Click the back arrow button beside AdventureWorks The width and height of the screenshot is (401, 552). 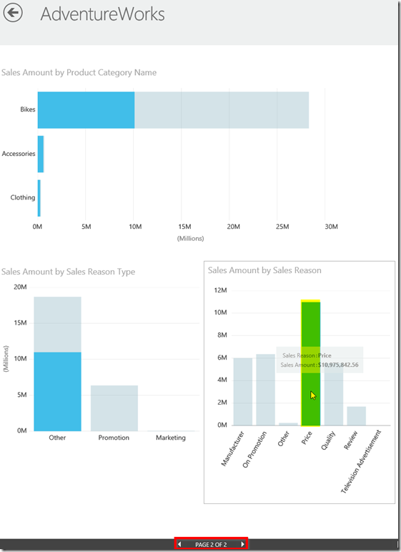tap(13, 13)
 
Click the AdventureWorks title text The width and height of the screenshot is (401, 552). tap(102, 14)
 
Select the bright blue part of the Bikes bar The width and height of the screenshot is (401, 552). tap(86, 110)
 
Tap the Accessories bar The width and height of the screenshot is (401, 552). tap(41, 154)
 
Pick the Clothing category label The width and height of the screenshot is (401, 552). tap(23, 197)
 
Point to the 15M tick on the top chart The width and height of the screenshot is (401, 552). tap(184, 227)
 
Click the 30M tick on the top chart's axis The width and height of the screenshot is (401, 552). tap(331, 227)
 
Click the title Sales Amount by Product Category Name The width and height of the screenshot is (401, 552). tap(79, 72)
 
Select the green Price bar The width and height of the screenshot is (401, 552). tap(310, 363)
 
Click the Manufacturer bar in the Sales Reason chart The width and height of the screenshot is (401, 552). tap(243, 391)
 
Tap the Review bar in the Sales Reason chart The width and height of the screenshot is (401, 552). tap(356, 415)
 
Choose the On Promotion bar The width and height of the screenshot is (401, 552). tap(265, 390)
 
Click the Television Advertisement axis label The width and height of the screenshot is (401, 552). tap(361, 461)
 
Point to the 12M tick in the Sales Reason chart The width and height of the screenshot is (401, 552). tap(220, 290)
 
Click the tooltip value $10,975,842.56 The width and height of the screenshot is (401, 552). tap(338, 365)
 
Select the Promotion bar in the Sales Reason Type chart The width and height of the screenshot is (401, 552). tap(114, 408)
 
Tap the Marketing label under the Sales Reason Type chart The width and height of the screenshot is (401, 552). tap(171, 438)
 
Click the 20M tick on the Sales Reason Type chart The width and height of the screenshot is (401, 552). tap(20, 287)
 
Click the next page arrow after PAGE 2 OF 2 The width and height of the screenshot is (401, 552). tap(242, 544)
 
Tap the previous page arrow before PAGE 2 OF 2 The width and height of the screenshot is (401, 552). tap(179, 544)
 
